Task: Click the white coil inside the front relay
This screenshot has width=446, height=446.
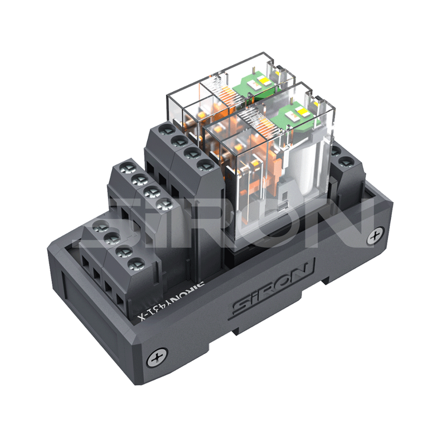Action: [307, 168]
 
